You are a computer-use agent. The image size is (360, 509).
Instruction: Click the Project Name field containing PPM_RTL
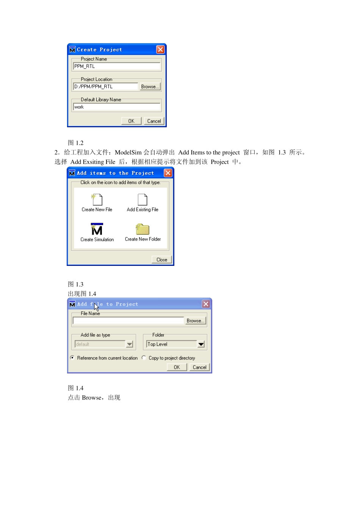point(117,66)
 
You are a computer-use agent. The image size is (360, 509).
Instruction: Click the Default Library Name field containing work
point(117,107)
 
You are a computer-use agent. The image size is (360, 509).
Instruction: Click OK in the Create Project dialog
point(131,121)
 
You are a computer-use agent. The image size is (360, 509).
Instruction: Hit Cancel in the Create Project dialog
point(154,121)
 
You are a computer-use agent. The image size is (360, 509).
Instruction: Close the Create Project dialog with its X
point(160,50)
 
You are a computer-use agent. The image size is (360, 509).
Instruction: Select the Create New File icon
point(97,200)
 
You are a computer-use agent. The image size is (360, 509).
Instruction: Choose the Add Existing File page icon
point(142,200)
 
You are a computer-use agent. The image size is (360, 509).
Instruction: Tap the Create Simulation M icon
point(97,229)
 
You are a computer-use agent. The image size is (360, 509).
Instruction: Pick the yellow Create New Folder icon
point(142,229)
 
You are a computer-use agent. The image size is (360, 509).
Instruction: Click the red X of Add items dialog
point(168,173)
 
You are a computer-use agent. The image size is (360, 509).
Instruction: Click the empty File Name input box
point(128,321)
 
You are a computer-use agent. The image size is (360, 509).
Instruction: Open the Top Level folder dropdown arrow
point(201,344)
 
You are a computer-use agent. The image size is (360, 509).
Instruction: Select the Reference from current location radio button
point(72,358)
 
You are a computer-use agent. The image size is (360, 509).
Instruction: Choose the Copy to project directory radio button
point(144,358)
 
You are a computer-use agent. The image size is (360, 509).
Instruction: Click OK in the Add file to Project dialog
point(177,367)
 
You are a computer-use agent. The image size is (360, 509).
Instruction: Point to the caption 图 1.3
point(76,284)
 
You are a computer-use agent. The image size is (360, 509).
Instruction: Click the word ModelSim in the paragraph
point(128,152)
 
